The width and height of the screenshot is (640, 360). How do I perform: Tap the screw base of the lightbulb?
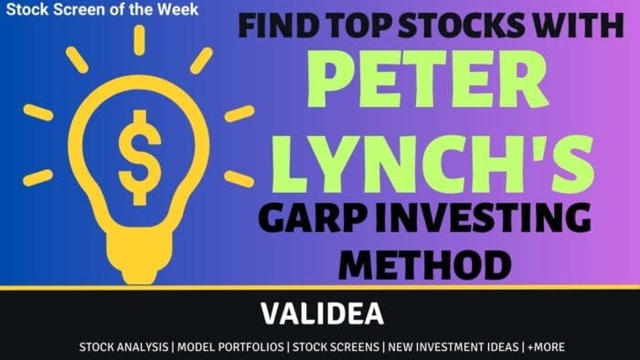click(140, 249)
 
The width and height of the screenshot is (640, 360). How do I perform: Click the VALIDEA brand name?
click(320, 312)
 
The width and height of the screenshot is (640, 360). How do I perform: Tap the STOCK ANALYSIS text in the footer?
click(124, 347)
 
